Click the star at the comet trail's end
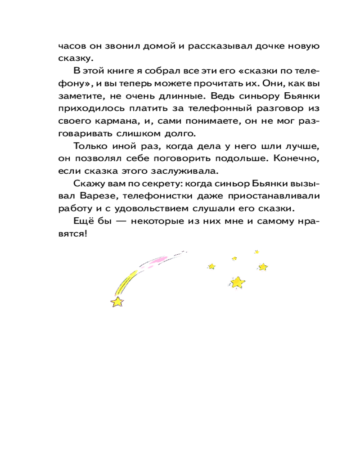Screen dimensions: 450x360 click(x=117, y=301)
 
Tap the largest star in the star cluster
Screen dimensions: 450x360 click(x=237, y=282)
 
